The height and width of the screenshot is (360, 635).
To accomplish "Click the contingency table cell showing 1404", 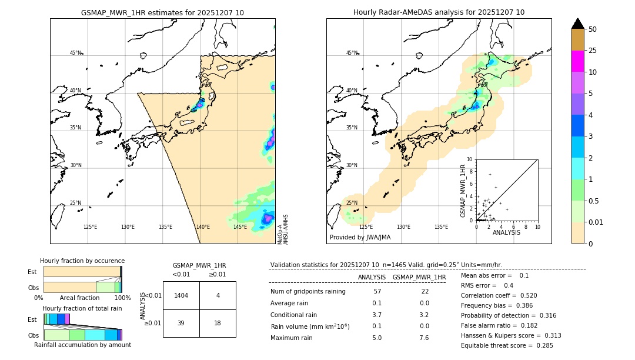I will click(181, 295).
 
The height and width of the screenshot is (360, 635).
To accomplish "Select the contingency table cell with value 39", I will click(181, 323).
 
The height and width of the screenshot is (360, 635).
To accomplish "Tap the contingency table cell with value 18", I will click(218, 323).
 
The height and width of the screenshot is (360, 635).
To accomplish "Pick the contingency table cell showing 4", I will click(218, 295).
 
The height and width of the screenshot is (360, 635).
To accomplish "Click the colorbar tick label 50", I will click(593, 29).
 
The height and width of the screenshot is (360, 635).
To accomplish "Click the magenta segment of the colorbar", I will click(578, 61).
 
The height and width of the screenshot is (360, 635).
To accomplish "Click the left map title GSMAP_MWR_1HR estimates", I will click(162, 12).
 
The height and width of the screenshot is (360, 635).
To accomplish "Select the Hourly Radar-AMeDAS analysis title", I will click(439, 12).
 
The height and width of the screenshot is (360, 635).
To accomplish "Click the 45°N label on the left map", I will click(75, 53).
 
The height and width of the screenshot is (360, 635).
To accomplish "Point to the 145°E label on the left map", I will click(240, 227).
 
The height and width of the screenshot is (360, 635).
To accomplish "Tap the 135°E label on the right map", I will click(441, 227).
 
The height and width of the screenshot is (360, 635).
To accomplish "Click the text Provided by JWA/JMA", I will click(360, 238).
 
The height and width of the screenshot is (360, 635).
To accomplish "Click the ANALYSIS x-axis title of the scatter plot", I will click(506, 232).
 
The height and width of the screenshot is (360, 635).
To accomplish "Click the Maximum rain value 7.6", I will click(423, 338).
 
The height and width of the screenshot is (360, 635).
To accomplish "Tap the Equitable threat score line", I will click(507, 345).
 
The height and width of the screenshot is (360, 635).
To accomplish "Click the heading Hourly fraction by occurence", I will click(82, 261).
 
